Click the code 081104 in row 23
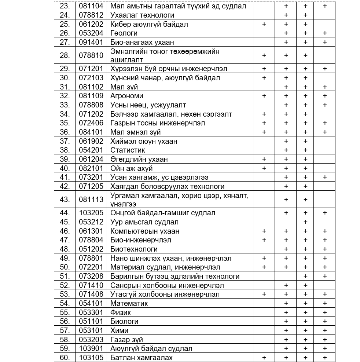pyautogui.click(x=91, y=6)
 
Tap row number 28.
pyautogui.click(x=65, y=56)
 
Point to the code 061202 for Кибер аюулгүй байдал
pyautogui.click(x=91, y=24)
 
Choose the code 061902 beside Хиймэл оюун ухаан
pyautogui.click(x=91, y=141)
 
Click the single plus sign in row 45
pyautogui.click(x=305, y=222)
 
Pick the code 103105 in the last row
pyautogui.click(x=91, y=358)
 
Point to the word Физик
pyautogui.click(x=121, y=312)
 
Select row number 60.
pyautogui.click(x=65, y=358)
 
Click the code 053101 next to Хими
pyautogui.click(x=91, y=330)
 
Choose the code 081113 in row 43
pyautogui.click(x=91, y=200)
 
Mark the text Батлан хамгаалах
pyautogui.click(x=142, y=358)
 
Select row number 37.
pyautogui.click(x=65, y=141)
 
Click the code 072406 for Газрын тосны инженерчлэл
pyautogui.click(x=91, y=123)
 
